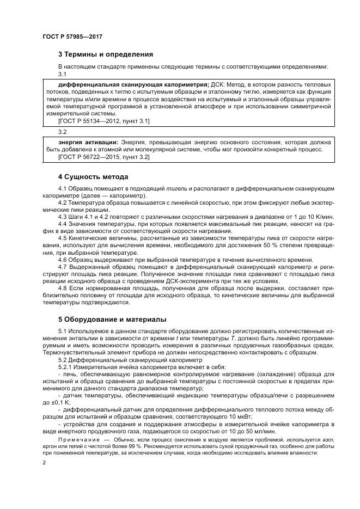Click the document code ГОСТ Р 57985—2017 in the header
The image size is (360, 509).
tap(72, 36)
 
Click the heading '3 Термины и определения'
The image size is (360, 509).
tap(105, 54)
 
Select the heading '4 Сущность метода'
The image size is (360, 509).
tap(93, 177)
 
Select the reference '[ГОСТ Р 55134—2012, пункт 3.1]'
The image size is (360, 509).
tap(103, 121)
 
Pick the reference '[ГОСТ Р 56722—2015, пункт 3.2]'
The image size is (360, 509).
tap(103, 157)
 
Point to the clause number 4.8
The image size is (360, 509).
tap(63, 287)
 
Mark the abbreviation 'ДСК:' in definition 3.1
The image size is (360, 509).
tap(218, 85)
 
